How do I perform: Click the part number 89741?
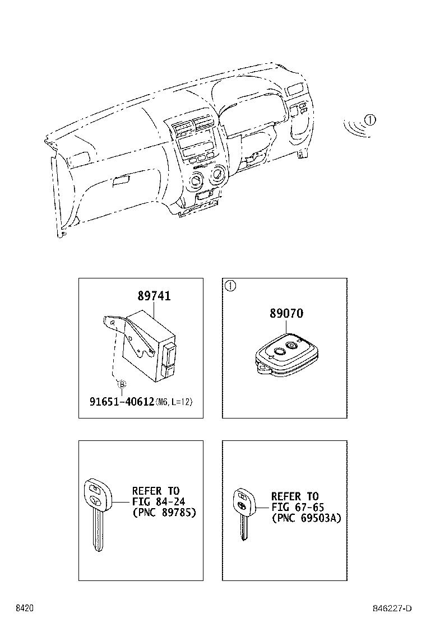pyautogui.click(x=154, y=296)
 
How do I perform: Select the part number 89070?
pyautogui.click(x=285, y=314)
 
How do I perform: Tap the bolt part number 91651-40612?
pyautogui.click(x=122, y=401)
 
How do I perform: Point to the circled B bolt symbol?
pyautogui.click(x=121, y=384)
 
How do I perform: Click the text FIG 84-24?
pyautogui.click(x=155, y=501)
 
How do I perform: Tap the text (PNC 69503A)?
pyautogui.click(x=305, y=518)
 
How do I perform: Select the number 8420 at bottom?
pyautogui.click(x=24, y=608)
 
